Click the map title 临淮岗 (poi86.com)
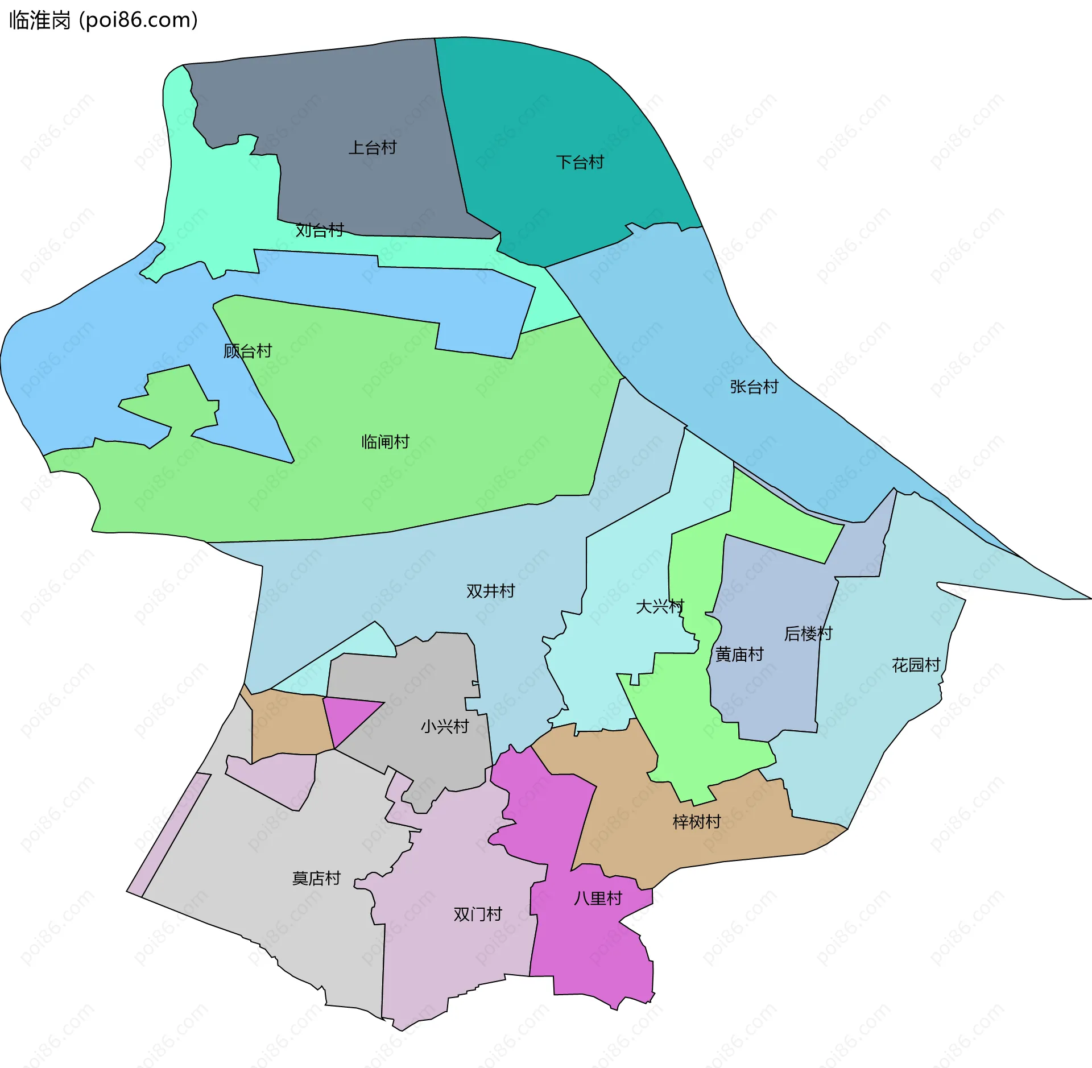[104, 20]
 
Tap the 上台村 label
[373, 148]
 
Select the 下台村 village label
[580, 163]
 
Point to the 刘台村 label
[320, 230]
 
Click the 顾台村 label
[247, 351]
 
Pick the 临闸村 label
[385, 442]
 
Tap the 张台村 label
[754, 387]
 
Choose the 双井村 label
[490, 591]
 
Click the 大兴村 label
[659, 607]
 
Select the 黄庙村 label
[739, 655]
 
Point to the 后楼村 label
[808, 634]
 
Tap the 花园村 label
[916, 665]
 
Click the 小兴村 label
[445, 727]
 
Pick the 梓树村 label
[697, 822]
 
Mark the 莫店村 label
[316, 879]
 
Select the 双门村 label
[478, 914]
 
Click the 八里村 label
[598, 899]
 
